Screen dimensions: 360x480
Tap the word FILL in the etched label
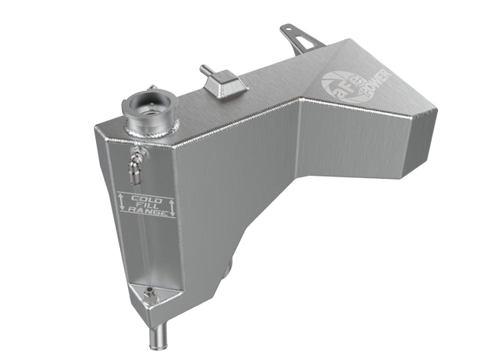(147, 207)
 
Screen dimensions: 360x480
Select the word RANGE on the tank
(147, 214)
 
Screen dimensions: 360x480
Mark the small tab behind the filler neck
(153, 88)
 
